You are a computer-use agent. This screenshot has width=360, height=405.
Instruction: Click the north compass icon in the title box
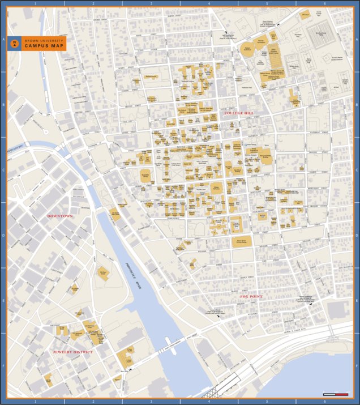point(15,44)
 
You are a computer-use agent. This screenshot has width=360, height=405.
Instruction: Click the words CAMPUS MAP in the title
point(38,46)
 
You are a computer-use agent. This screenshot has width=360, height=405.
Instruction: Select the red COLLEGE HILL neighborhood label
point(238,113)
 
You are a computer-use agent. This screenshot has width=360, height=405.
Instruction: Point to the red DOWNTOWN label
point(60,216)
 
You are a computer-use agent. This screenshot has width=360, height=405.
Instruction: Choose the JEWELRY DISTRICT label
point(72,352)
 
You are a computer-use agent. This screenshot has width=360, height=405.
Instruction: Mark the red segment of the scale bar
point(341,394)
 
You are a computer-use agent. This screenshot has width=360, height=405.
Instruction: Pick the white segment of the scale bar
point(329,394)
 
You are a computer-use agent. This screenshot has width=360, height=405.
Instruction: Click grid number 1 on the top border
point(35,3)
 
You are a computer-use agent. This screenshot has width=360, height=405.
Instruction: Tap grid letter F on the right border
point(357,365)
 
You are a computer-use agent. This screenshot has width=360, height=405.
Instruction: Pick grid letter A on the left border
point(3,40)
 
